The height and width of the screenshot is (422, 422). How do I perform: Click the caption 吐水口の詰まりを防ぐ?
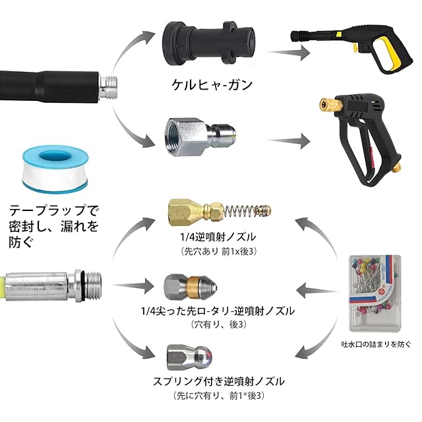pos(377,346)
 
